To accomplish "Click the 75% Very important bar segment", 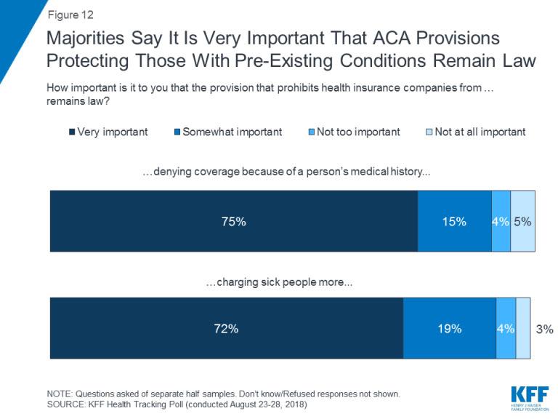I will tap(233, 221).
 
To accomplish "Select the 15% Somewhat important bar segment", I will tap(454, 221).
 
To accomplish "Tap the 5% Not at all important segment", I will tap(523, 221).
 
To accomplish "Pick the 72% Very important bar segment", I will tap(226, 328).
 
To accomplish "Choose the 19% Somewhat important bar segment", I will tap(450, 328).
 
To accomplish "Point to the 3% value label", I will tap(543, 329).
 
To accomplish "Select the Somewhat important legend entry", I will tap(226, 132).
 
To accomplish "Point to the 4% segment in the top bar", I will tap(501, 221).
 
